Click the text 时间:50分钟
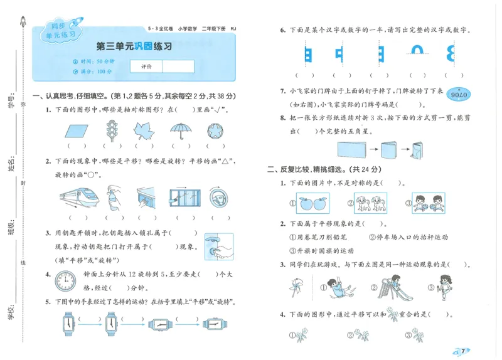tap(96, 61)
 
